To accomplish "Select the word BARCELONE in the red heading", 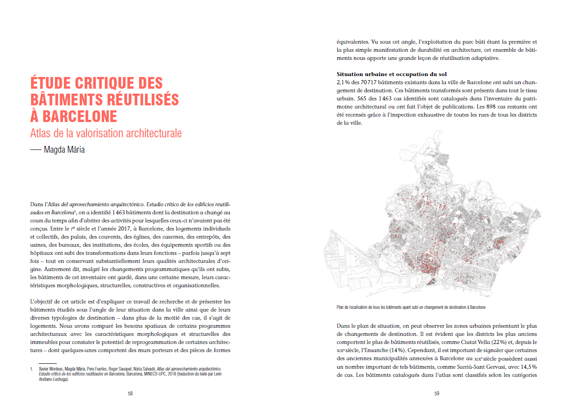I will pyautogui.click(x=80, y=117).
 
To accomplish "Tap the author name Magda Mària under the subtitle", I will pyautogui.click(x=64, y=150).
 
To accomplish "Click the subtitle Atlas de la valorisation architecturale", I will pyautogui.click(x=106, y=134).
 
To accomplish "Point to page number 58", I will pyautogui.click(x=130, y=393).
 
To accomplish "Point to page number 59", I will pyautogui.click(x=436, y=393).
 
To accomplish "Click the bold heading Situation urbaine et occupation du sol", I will pyautogui.click(x=391, y=74).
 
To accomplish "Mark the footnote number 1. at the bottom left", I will pyautogui.click(x=32, y=369).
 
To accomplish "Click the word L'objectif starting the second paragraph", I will pyautogui.click(x=44, y=301).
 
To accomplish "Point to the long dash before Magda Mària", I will pyautogui.click(x=36, y=150).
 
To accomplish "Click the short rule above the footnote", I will pyautogui.click(x=47, y=363).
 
